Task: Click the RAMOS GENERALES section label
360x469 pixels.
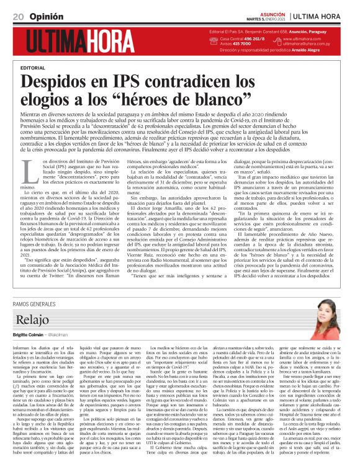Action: point(40,303)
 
